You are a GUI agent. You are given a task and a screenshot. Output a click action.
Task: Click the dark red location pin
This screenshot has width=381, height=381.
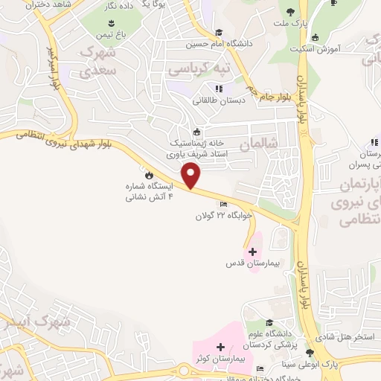[x=192, y=176]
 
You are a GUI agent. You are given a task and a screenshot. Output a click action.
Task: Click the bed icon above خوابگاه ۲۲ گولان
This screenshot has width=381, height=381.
[x=223, y=203]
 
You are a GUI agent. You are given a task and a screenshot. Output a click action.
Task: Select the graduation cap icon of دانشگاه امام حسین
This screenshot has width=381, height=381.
[x=219, y=32]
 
